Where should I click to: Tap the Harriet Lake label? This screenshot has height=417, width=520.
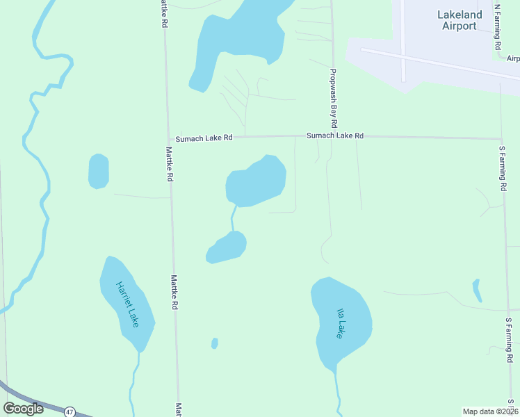pos(128,304)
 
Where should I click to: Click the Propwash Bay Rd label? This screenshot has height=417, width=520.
pos(334,98)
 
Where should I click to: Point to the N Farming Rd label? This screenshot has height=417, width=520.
pos(497,26)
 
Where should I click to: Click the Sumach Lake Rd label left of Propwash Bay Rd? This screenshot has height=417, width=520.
pos(204,138)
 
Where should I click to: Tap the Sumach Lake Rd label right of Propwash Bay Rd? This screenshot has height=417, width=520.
pos(336,136)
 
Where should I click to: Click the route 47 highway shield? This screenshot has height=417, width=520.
pos(69,412)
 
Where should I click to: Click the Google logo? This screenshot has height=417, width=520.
pos(24,409)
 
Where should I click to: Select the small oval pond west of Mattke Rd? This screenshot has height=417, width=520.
pos(99,171)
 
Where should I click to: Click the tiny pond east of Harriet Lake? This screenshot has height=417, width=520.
pos(215,343)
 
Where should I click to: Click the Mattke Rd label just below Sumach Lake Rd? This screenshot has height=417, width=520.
pos(169,164)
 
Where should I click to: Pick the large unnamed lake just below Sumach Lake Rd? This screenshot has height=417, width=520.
pos(256,181)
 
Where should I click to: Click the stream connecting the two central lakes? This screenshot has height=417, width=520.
pos(233,219)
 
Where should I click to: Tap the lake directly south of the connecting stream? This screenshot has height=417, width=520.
pos(227,248)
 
